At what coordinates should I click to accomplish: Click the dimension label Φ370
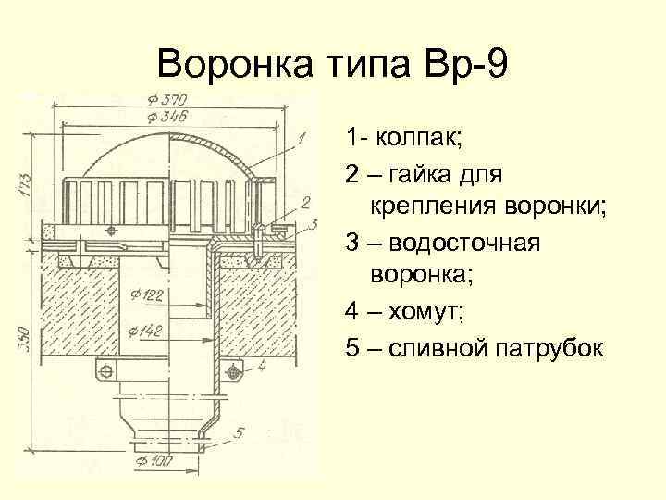(x=166, y=100)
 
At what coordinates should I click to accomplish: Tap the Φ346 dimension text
(x=167, y=116)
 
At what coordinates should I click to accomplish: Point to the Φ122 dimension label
(x=147, y=295)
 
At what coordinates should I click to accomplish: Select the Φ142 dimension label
(x=148, y=330)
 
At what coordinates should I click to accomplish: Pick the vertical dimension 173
(x=24, y=184)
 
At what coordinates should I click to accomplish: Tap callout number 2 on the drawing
(x=306, y=202)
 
